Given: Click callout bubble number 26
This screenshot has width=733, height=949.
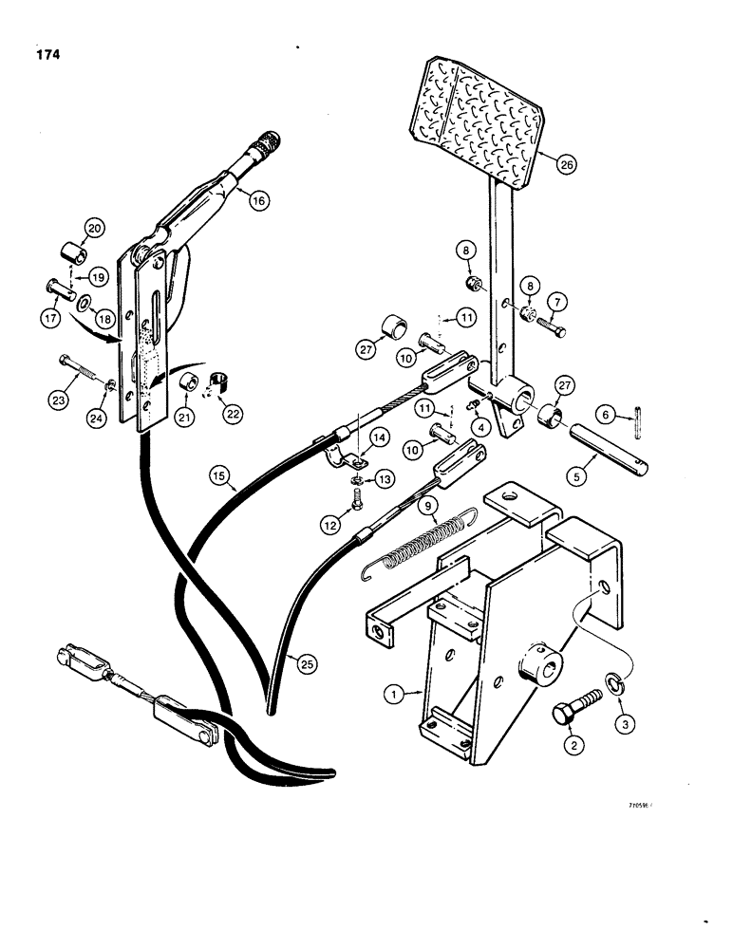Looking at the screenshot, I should pyautogui.click(x=567, y=165).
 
